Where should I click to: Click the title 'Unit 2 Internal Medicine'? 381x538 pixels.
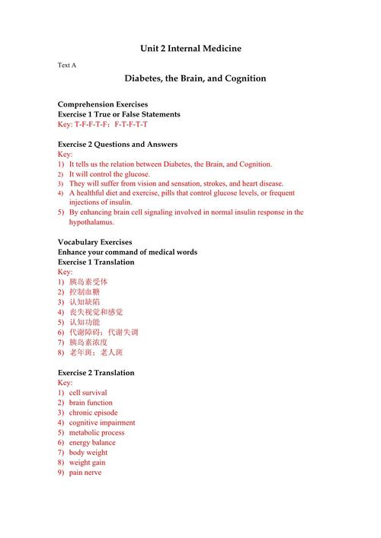(190, 48)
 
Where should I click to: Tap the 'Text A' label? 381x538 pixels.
(67, 65)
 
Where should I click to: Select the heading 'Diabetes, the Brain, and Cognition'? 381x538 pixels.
(195, 78)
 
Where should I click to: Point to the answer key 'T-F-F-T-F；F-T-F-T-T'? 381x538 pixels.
(111, 124)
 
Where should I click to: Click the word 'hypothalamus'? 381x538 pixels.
(91, 222)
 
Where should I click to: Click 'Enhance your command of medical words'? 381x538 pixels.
(127, 252)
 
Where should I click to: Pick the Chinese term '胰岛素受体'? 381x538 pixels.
(88, 282)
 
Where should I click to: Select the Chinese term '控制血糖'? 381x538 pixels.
(85, 292)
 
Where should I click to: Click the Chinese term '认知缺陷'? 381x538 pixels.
(85, 302)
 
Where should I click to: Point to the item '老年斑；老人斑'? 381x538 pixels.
(96, 352)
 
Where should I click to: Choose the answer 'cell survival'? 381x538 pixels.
(88, 393)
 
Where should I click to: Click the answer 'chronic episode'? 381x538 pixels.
(93, 412)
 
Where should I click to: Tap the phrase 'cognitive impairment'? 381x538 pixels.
(102, 422)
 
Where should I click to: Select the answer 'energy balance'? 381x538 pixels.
(92, 442)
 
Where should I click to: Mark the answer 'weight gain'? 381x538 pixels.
(87, 462)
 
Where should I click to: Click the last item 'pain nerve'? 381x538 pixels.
(85, 472)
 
